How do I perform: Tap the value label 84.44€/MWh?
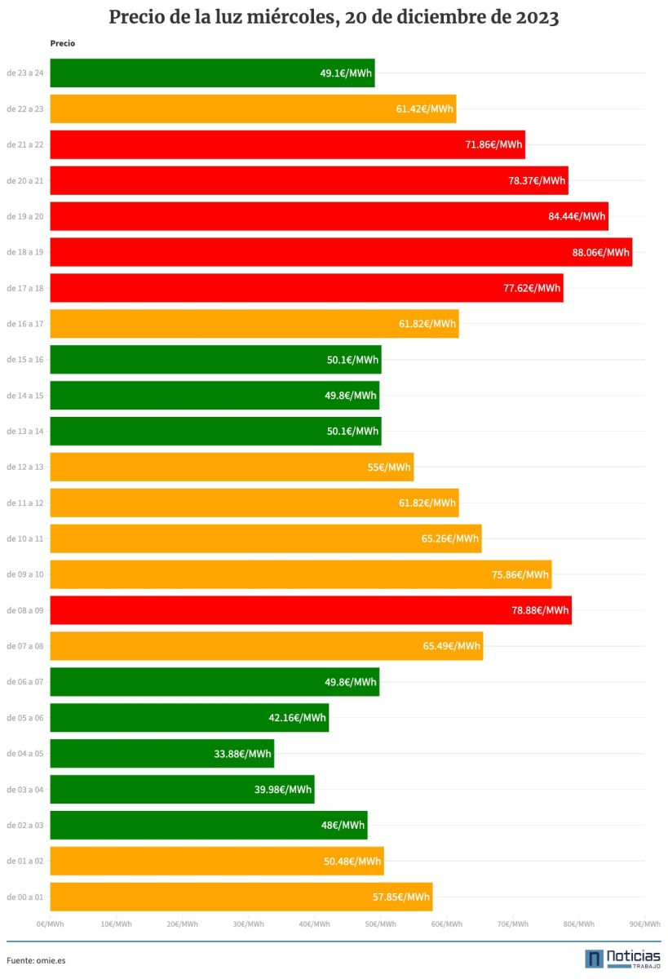577,216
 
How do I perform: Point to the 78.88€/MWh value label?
540,610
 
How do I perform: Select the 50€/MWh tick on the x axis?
380,924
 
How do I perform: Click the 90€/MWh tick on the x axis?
644,924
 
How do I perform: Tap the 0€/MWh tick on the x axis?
51,924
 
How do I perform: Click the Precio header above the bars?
62,43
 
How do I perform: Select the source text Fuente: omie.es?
36,960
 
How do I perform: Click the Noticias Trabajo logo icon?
594,959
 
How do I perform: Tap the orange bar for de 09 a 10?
301,574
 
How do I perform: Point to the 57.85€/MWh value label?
401,897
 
